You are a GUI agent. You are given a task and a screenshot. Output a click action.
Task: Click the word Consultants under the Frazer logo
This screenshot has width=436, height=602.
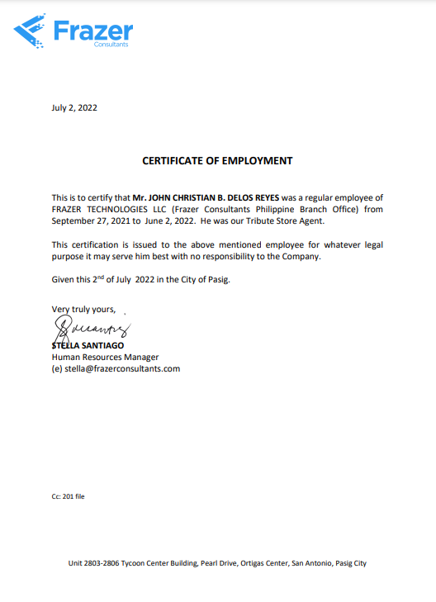(111, 45)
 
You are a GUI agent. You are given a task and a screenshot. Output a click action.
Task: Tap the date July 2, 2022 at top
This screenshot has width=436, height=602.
(75, 107)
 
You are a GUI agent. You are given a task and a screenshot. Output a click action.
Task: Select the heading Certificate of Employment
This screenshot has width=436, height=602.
(217, 161)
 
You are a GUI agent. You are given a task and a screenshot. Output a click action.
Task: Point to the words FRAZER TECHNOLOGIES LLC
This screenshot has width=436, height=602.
(108, 210)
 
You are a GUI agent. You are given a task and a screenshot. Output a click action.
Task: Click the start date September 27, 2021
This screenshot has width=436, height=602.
(91, 221)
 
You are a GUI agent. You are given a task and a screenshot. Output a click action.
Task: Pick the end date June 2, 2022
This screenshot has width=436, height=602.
(171, 221)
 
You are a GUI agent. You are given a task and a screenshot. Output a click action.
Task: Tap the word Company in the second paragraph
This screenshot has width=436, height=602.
(299, 257)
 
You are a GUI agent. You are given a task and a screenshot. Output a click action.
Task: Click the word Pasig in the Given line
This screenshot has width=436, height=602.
(216, 280)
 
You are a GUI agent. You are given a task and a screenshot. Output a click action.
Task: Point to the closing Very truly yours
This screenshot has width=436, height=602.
(83, 310)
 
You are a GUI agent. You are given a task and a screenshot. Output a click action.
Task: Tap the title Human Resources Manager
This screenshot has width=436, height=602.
(105, 357)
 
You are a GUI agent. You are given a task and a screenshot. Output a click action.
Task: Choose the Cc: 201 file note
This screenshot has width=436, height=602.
(69, 496)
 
